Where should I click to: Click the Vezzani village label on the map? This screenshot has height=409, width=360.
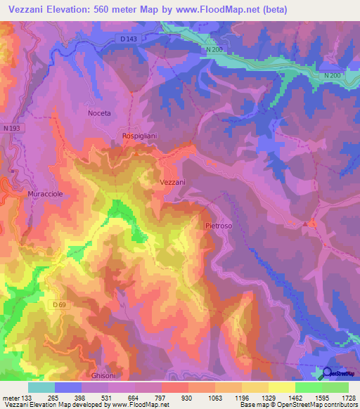[x=169, y=182]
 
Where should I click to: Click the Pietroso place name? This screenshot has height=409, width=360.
[x=219, y=226]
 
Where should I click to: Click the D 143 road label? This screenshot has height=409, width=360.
[x=128, y=39]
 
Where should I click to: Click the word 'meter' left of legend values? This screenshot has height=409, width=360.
[x=12, y=398]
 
